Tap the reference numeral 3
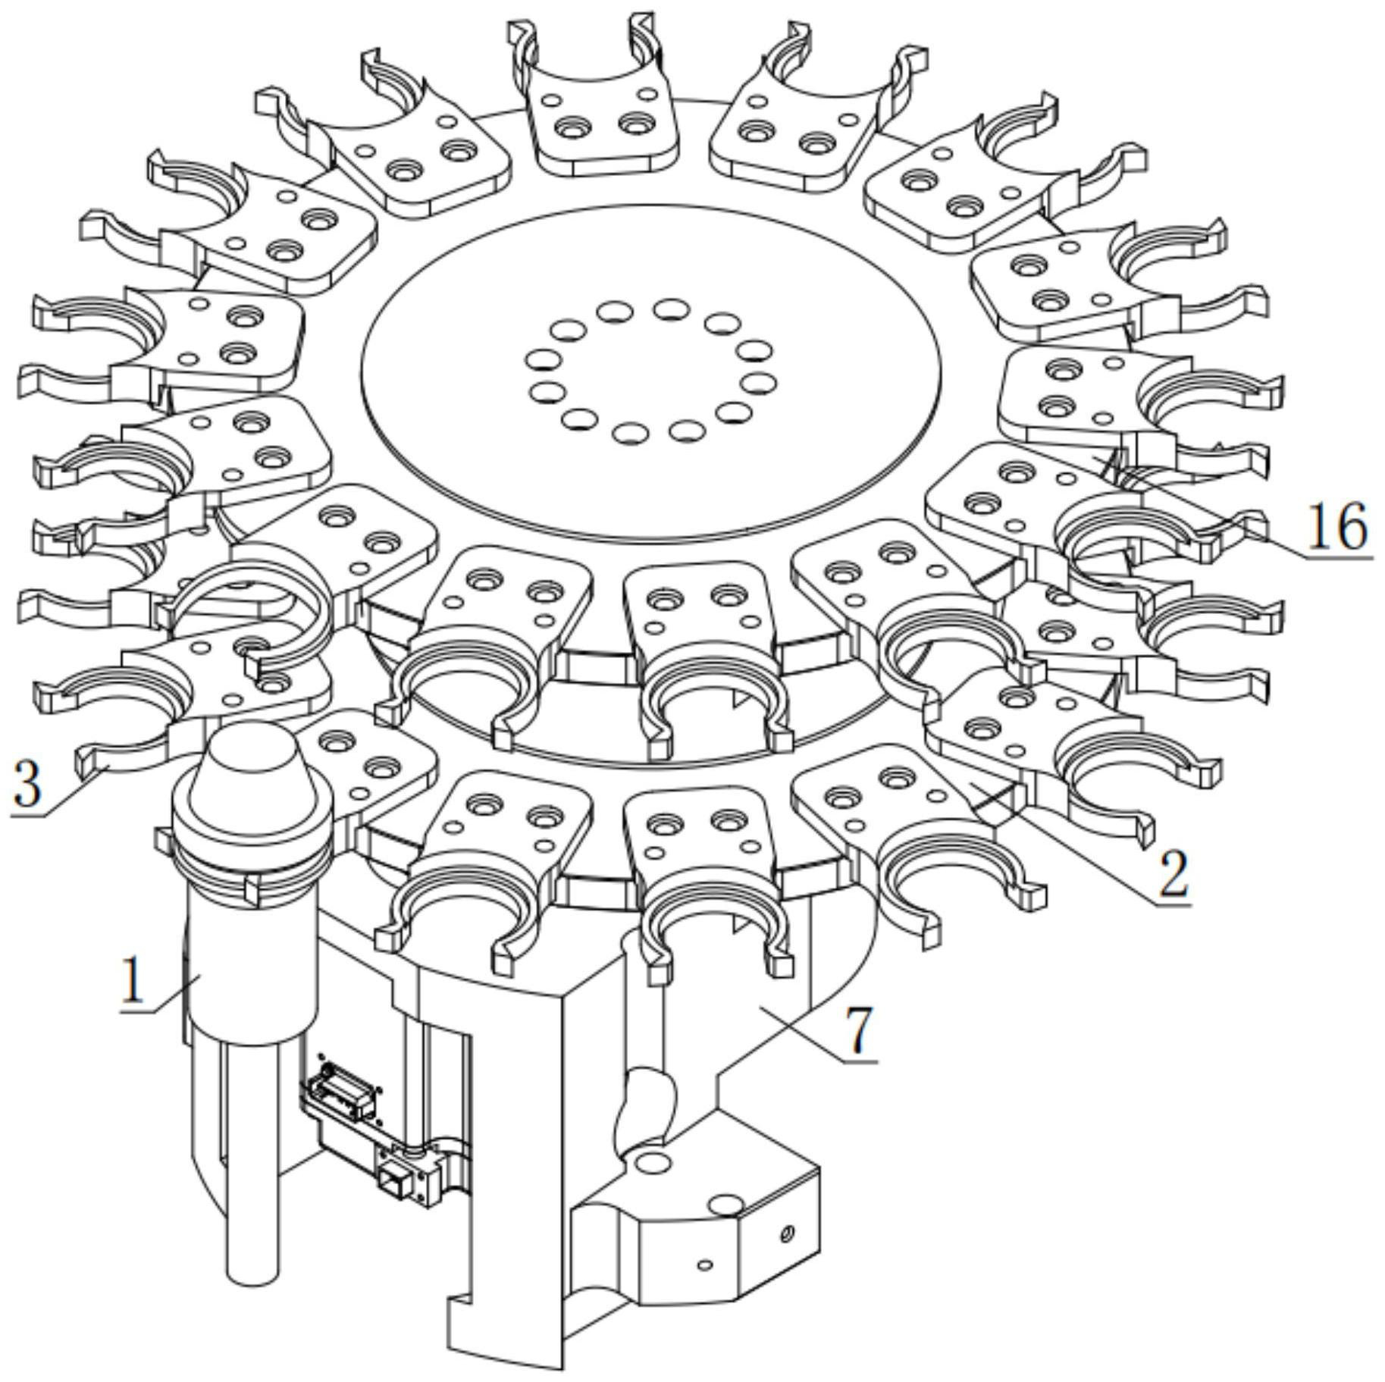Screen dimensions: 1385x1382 click(x=27, y=785)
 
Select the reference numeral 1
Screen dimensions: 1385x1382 click(x=133, y=982)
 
